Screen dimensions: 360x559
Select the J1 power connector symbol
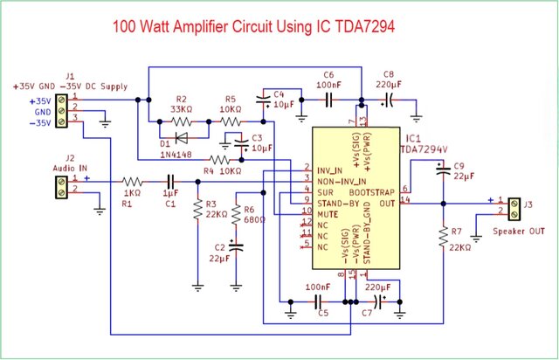[62, 111]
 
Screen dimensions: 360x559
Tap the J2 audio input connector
[62, 184]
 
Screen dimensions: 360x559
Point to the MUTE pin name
[328, 212]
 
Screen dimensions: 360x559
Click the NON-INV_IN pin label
[341, 179]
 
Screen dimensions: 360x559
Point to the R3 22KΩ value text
[217, 213]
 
